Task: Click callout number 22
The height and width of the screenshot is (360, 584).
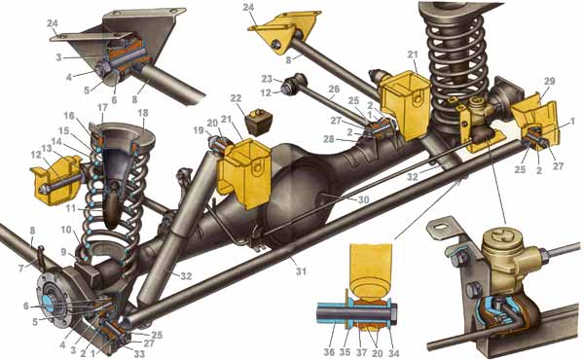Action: click(236, 99)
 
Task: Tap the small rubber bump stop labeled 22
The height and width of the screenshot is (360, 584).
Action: click(259, 120)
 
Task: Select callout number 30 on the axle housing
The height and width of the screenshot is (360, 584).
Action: click(363, 199)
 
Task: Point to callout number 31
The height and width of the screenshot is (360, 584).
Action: click(301, 271)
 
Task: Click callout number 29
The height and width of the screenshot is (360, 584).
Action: click(549, 82)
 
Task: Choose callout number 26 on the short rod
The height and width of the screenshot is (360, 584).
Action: click(334, 90)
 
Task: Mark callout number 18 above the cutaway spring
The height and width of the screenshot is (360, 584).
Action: click(143, 114)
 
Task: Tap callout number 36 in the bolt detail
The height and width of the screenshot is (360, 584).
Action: click(329, 352)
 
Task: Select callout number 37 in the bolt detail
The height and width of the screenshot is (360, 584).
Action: click(361, 352)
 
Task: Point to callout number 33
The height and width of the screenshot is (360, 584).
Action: click(139, 353)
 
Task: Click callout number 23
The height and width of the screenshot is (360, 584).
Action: click(267, 79)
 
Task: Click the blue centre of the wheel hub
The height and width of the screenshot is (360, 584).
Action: click(49, 301)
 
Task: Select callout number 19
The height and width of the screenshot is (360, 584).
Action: click(199, 130)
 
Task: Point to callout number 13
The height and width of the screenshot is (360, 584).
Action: click(47, 149)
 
